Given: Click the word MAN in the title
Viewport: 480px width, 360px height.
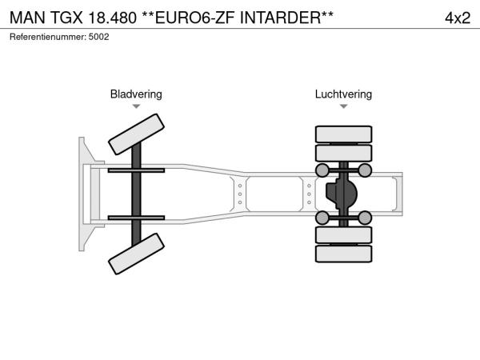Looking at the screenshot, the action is (x=27, y=18).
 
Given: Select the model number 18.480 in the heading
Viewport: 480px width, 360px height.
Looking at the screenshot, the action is (x=112, y=18).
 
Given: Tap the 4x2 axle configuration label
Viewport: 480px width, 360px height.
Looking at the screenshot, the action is (x=458, y=18).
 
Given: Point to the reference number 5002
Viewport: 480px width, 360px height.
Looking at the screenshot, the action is (x=98, y=37).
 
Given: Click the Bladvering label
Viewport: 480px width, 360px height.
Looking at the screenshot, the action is (x=136, y=94).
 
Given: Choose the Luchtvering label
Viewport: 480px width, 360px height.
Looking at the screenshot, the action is (x=343, y=94).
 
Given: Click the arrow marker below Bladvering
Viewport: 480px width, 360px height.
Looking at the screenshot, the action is (x=136, y=106).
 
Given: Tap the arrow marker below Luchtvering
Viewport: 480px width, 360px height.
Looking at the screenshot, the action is (x=343, y=106).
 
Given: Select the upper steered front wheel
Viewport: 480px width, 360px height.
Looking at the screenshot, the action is (x=136, y=134).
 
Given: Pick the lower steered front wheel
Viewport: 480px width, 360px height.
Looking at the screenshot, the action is (x=136, y=254).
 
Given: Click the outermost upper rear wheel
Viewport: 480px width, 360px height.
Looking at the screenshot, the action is (x=343, y=134).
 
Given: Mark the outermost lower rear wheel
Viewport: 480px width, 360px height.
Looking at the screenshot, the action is (x=343, y=254).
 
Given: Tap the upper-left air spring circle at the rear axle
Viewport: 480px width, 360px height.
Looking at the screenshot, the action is (x=322, y=170).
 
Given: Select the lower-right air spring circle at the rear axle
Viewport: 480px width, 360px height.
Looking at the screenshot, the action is (x=365, y=218).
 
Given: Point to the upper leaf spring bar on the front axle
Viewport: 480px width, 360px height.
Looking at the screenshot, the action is (x=136, y=170).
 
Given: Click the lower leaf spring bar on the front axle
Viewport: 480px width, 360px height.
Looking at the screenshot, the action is (x=136, y=218).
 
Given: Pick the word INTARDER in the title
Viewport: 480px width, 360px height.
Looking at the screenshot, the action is (x=280, y=18).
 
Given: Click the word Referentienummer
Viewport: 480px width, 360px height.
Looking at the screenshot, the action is (x=48, y=37).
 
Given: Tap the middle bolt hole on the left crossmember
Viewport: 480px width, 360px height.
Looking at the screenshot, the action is (x=240, y=194).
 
